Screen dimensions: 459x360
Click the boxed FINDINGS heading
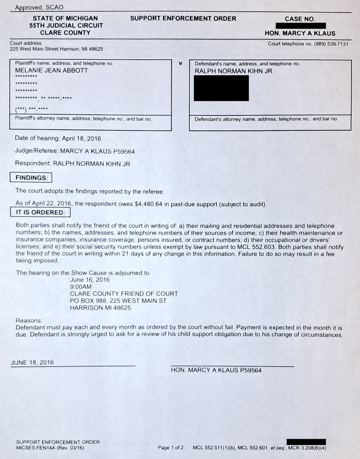31,178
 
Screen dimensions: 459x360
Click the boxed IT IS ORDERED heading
40,212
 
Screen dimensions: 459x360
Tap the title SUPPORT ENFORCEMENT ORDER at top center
183,19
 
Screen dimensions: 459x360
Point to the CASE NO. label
300,19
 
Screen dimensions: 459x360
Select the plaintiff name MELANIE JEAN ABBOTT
51,71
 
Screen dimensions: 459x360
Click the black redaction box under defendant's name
221,88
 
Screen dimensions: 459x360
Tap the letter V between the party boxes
180,64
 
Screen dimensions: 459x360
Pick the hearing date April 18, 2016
81,138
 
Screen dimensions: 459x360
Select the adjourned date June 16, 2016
90,280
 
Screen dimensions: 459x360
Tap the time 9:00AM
81,287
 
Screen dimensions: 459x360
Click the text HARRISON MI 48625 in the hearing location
100,307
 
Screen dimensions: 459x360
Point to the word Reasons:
29,320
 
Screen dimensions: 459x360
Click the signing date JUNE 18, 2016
32,363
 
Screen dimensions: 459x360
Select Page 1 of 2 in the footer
171,448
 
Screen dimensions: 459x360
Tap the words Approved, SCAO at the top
39,7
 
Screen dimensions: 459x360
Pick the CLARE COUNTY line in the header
65,33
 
